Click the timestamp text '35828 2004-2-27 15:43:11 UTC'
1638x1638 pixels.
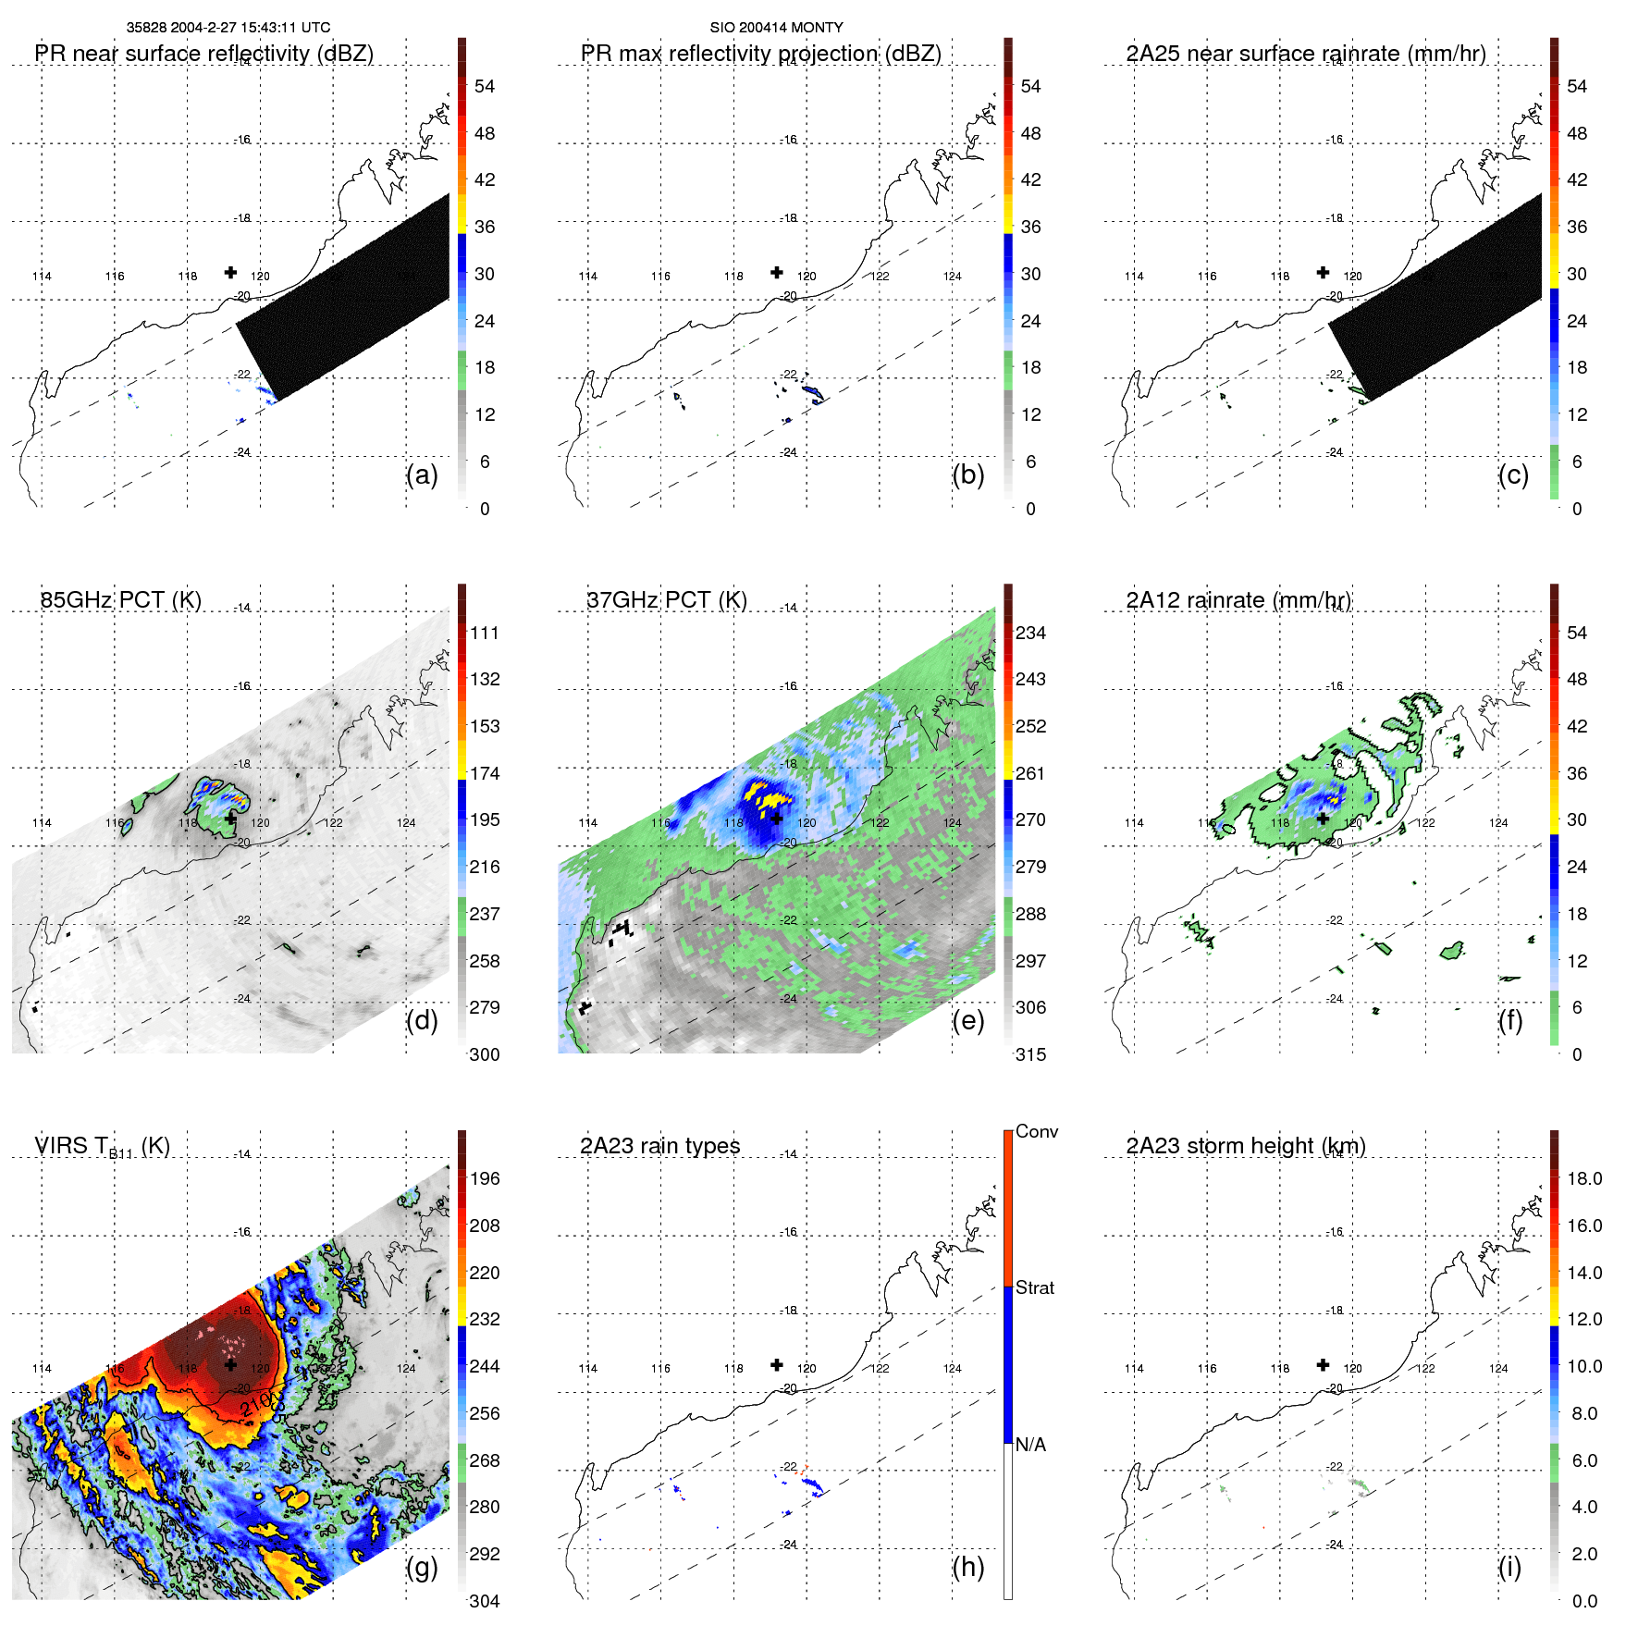coord(228,28)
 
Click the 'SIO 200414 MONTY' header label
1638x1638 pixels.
coord(776,28)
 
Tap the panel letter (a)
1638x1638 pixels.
coord(422,474)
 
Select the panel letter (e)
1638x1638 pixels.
coord(967,1020)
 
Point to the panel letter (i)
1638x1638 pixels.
coord(1509,1567)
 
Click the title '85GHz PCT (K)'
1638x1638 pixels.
coord(120,599)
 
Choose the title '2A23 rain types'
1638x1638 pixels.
coord(659,1146)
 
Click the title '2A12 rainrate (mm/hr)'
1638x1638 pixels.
coord(1238,599)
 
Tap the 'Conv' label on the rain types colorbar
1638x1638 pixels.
coord(1036,1131)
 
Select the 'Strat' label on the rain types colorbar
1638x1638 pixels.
coord(1034,1287)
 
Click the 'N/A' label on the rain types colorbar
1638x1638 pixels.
coord(1030,1445)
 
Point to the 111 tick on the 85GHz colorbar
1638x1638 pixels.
coord(485,633)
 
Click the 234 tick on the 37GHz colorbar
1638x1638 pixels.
coord(1030,633)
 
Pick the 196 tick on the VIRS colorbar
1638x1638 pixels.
coord(485,1178)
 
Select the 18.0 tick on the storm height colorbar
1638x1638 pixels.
coord(1584,1178)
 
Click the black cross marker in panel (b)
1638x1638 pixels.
coord(777,272)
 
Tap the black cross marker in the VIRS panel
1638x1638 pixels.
coord(230,1364)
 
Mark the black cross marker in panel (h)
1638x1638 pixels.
coord(777,1364)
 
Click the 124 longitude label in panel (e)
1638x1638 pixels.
coord(952,822)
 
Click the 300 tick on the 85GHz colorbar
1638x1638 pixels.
coord(485,1054)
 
